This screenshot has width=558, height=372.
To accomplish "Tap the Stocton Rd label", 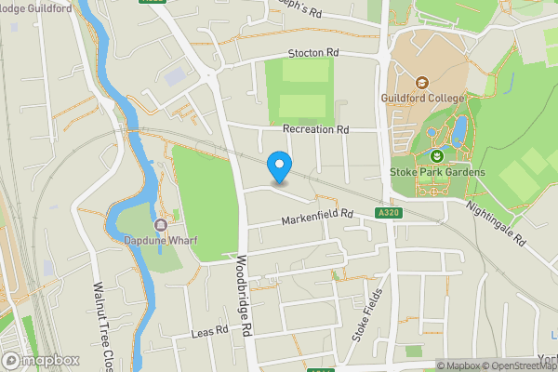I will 314,53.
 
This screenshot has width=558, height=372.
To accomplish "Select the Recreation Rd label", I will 315,129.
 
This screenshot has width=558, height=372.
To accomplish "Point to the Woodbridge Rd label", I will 245,296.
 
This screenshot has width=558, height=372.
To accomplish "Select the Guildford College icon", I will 420,82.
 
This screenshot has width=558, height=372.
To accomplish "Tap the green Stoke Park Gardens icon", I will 437,156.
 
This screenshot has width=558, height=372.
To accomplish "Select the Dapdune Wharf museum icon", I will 161,224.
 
